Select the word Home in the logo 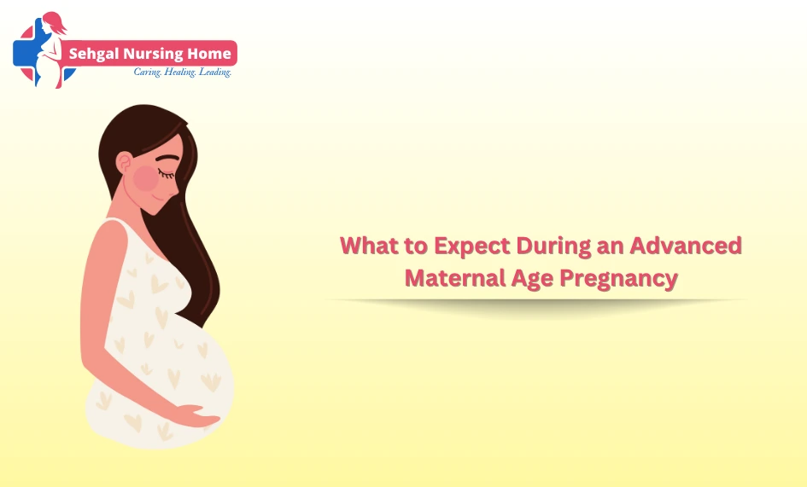[x=208, y=54]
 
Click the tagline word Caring [x=148, y=72]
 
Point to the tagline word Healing [x=180, y=72]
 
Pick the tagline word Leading [x=215, y=72]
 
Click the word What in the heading [x=369, y=246]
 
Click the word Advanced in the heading [x=686, y=246]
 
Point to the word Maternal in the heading [x=455, y=278]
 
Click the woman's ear [x=124, y=163]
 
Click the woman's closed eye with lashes [x=166, y=173]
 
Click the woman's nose [x=174, y=191]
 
